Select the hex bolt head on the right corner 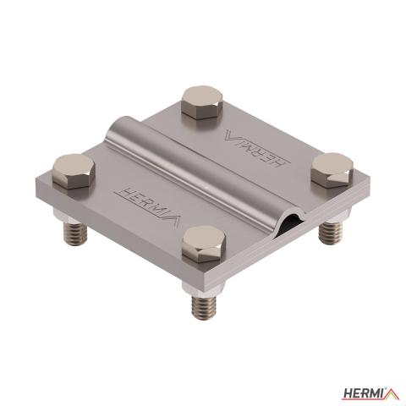pos(332,170)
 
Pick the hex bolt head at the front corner pos(204,244)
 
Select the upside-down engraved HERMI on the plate pos(257,148)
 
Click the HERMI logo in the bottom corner pos(370,392)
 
